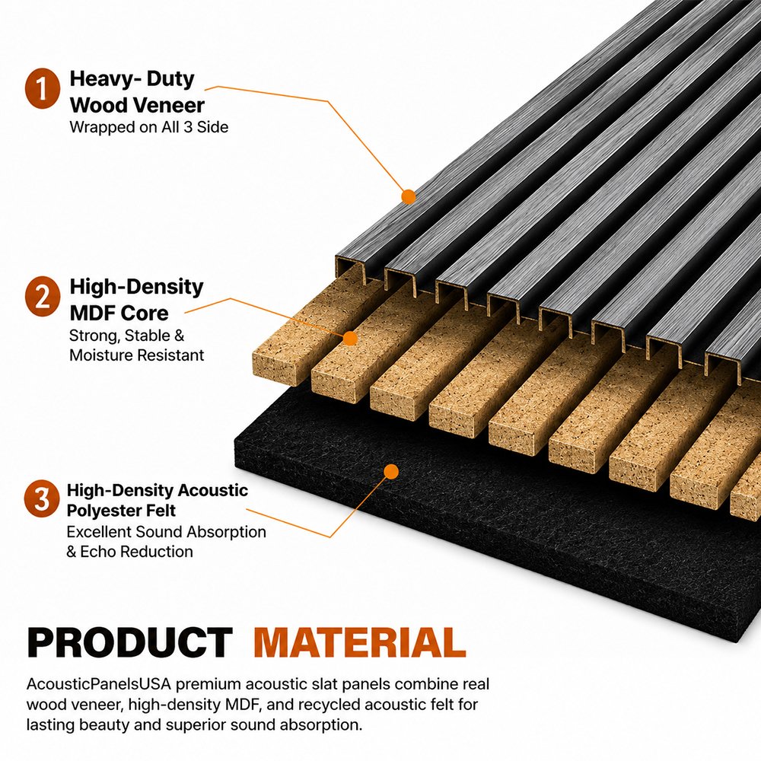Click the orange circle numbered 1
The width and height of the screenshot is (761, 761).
[x=43, y=88]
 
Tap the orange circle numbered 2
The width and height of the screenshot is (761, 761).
[x=43, y=297]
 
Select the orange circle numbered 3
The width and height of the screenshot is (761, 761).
[x=42, y=498]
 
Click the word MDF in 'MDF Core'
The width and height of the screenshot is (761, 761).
[x=91, y=313]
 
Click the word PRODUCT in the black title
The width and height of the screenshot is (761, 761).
[x=129, y=642]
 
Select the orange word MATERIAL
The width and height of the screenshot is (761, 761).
[x=360, y=642]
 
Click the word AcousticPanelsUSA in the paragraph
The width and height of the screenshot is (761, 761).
[x=99, y=684]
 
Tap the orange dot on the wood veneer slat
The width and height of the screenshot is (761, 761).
[x=409, y=196]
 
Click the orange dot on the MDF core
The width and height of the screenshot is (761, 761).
[x=349, y=339]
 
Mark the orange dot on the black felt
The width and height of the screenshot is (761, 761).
[x=391, y=472]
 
